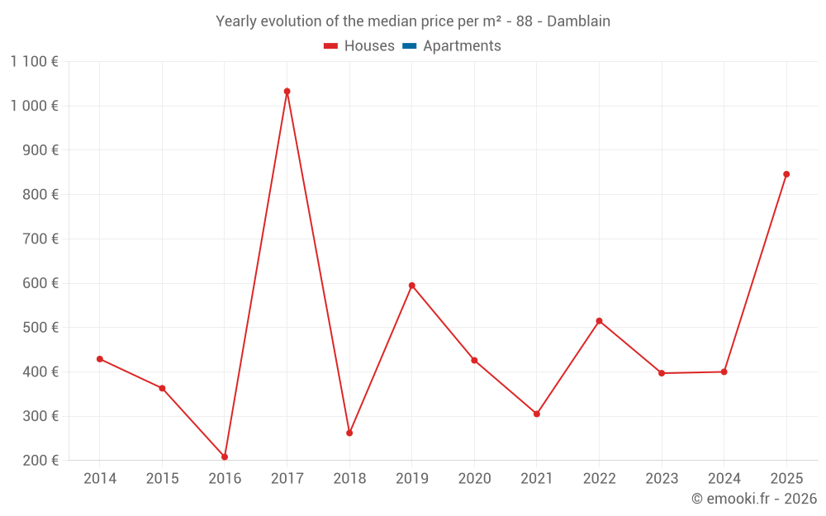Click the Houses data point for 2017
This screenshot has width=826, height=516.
click(287, 92)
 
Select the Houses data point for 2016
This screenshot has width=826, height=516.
click(225, 457)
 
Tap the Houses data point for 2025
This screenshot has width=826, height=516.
click(786, 174)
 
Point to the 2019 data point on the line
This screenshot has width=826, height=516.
click(411, 286)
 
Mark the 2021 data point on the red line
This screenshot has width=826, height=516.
click(536, 414)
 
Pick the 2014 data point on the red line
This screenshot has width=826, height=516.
click(100, 359)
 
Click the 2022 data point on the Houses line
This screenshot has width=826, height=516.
click(599, 321)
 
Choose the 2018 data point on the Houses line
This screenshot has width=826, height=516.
click(349, 433)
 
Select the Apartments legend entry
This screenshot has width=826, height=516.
click(462, 46)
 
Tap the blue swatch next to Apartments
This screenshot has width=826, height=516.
click(410, 46)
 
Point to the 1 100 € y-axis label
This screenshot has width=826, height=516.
click(34, 61)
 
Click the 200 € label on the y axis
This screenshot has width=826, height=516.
click(42, 461)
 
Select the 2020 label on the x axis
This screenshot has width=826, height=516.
click(474, 479)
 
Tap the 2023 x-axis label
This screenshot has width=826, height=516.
click(662, 479)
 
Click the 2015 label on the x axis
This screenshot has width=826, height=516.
click(162, 479)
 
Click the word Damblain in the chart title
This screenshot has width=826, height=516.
click(577, 21)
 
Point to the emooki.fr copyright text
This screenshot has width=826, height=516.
click(753, 499)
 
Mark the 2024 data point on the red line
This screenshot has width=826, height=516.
click(724, 372)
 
